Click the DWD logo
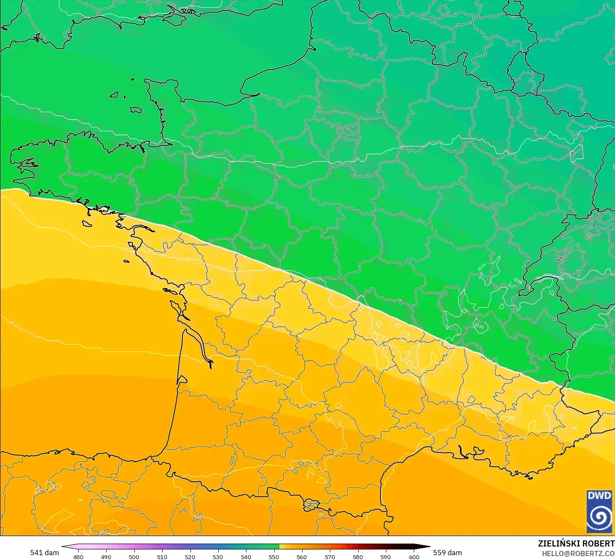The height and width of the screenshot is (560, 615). (599, 511)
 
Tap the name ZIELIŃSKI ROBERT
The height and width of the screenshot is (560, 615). (576, 543)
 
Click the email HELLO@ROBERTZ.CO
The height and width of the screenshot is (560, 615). (578, 553)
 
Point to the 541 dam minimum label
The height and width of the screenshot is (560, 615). (44, 553)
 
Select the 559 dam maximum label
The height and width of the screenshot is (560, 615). (447, 553)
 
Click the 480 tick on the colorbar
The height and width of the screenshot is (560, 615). (78, 557)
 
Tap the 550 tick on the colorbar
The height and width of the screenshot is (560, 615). (274, 557)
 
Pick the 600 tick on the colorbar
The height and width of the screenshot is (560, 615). (414, 557)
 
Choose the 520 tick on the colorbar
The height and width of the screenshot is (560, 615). (190, 557)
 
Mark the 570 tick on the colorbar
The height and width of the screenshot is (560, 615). (330, 557)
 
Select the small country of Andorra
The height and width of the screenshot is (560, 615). (311, 505)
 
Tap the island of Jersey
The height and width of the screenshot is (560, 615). (136, 110)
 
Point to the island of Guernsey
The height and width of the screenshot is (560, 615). (114, 94)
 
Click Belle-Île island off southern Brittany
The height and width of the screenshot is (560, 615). (87, 223)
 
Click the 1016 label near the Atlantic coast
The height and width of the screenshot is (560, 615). (186, 259)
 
